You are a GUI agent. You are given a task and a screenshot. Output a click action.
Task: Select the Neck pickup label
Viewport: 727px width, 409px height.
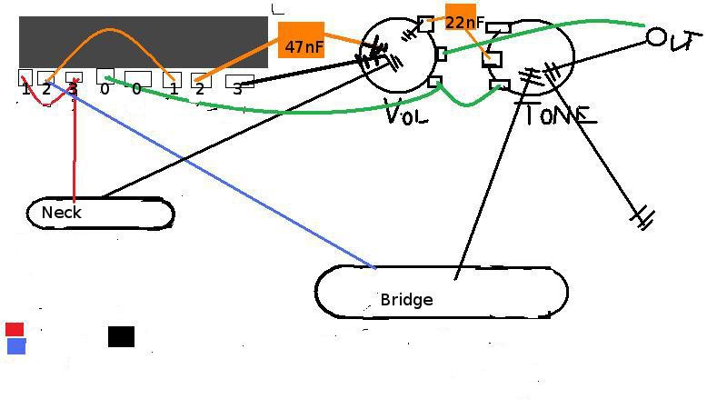tap(62, 213)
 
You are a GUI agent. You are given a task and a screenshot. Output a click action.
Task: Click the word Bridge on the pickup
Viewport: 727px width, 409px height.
tap(406, 300)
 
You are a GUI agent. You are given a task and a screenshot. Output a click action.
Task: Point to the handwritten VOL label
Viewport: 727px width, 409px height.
tap(406, 115)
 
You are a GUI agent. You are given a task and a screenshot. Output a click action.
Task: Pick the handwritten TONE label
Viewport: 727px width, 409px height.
tap(555, 115)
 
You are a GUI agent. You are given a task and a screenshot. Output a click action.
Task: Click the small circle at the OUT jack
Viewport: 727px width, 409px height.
tap(657, 37)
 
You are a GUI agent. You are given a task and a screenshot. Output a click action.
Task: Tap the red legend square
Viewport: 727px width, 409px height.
tap(15, 329)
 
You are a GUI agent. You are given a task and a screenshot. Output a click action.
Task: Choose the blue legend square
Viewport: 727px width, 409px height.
tap(16, 346)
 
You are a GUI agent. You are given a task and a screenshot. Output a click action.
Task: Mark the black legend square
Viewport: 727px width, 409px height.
tap(121, 336)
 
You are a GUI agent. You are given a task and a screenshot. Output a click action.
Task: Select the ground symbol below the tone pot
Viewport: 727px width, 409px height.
tap(644, 216)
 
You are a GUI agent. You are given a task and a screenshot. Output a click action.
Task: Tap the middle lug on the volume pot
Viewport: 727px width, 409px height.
tap(442, 55)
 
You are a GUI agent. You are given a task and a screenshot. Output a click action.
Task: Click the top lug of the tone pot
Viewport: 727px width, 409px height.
tap(499, 28)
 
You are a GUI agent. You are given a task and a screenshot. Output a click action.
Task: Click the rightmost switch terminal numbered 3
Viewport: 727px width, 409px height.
tap(239, 81)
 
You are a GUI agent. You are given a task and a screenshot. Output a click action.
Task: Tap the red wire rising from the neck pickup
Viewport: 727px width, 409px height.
tap(74, 145)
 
